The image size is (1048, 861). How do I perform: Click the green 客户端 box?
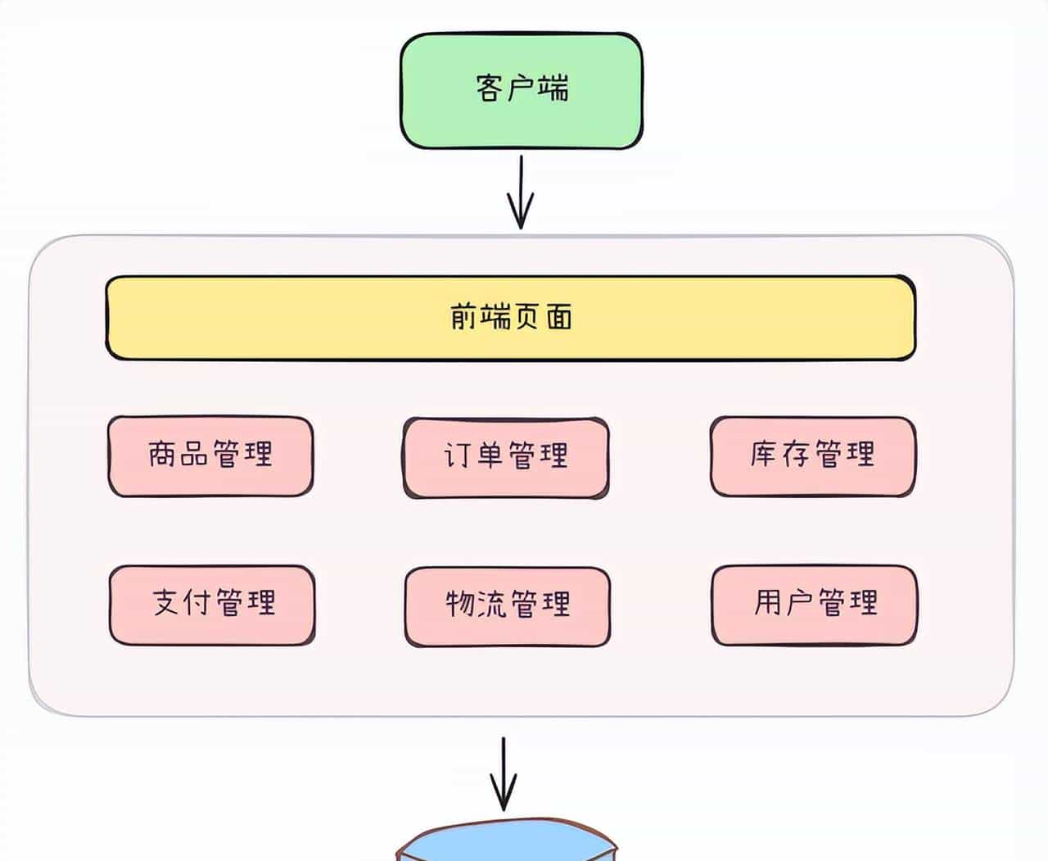tap(521, 90)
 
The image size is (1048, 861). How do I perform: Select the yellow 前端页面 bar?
tap(510, 318)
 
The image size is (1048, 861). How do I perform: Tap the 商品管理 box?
tap(210, 456)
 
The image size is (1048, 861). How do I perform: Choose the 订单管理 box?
tap(506, 457)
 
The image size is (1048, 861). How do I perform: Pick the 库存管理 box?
tap(812, 456)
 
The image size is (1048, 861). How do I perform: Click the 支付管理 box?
tap(212, 605)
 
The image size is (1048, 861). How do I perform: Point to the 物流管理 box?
tap(507, 606)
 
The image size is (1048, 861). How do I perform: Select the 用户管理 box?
tap(814, 605)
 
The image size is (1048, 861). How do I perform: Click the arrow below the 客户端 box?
tap(521, 193)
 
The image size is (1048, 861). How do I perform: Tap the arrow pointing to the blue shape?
tap(504, 774)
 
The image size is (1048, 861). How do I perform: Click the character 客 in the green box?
tap(489, 87)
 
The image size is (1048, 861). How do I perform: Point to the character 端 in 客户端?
tap(554, 87)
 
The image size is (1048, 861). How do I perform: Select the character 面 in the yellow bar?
tap(559, 316)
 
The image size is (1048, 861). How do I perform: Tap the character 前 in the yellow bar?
tap(463, 316)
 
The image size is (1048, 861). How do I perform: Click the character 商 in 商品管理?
tap(162, 453)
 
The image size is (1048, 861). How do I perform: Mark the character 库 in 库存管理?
tap(763, 453)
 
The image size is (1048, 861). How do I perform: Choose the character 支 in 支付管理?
tap(166, 602)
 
